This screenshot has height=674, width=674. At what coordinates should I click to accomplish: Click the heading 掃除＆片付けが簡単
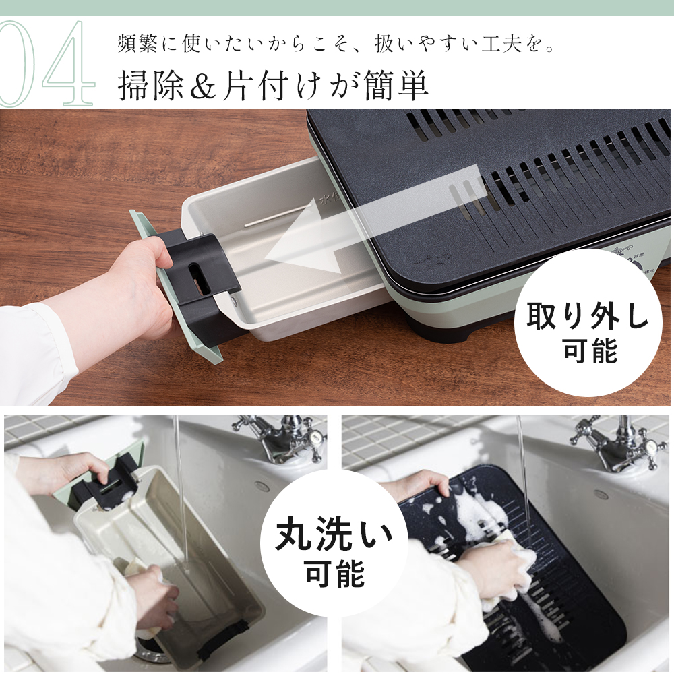273,85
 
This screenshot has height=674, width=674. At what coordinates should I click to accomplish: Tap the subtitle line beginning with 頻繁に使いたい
336,44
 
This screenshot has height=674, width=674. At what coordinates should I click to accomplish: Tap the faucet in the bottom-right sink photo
615,443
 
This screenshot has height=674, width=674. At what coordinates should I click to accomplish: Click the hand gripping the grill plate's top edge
419,486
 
